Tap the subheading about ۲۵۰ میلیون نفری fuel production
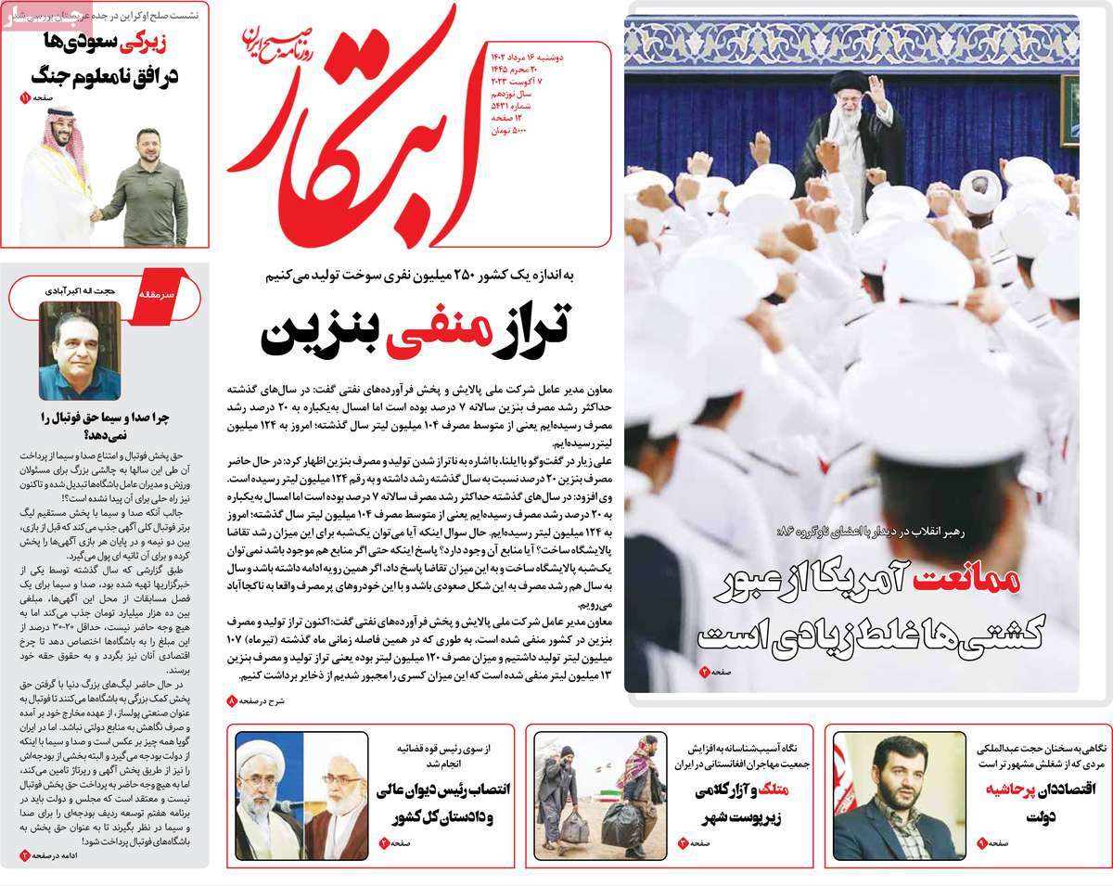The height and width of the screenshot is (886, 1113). (419, 276)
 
